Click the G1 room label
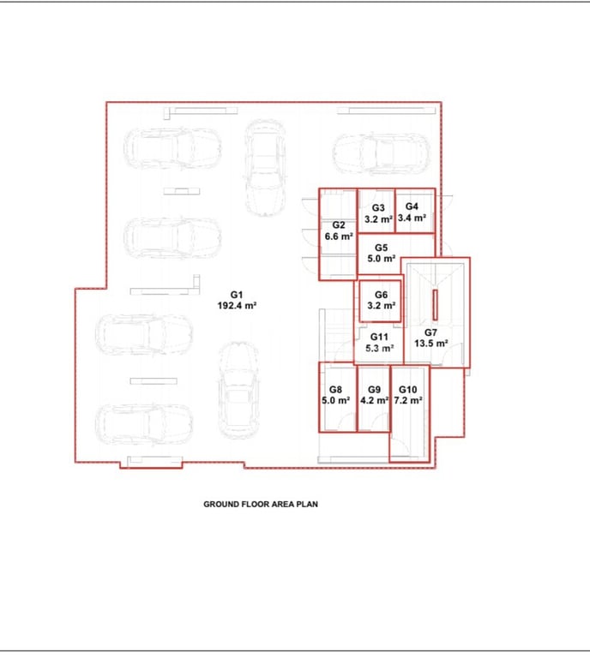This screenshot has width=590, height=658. click(x=237, y=295)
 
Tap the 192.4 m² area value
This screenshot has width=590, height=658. click(x=237, y=306)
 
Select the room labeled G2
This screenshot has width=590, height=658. click(x=338, y=234)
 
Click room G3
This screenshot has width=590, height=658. click(x=376, y=211)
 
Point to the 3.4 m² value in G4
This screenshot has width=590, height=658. click(x=412, y=218)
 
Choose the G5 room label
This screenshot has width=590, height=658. click(x=381, y=248)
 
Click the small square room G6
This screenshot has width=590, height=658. click(x=381, y=301)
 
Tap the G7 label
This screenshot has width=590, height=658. click(x=430, y=332)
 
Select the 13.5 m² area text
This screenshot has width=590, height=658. click(x=430, y=344)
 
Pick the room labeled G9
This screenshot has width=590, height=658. click(x=374, y=398)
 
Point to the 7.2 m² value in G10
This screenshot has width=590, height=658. click(x=407, y=400)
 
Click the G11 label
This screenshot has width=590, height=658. click(x=379, y=337)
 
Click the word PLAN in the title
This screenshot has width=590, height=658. click(x=307, y=504)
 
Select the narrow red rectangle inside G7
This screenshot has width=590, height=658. click(x=435, y=304)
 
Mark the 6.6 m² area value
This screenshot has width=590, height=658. click(x=339, y=236)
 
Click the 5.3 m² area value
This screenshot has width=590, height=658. click(x=379, y=348)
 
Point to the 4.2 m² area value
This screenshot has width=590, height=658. click(x=374, y=400)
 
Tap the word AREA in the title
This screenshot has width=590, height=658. click(x=283, y=504)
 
